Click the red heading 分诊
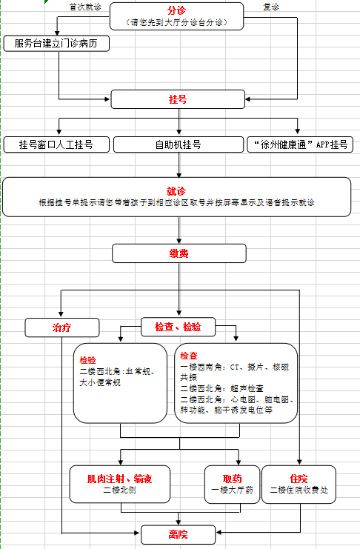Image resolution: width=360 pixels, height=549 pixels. pos(176,10)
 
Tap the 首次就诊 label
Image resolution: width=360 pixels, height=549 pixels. pos(85,7)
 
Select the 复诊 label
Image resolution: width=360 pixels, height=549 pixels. pos(271,7)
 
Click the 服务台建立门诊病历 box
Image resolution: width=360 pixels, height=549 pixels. pos(56,44)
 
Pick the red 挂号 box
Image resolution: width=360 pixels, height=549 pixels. pos(178,99)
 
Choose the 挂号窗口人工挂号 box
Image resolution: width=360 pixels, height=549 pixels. pos(56,144)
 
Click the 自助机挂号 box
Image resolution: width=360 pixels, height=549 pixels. pos(179,144)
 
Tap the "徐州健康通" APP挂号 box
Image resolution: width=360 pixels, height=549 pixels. pos(300,144)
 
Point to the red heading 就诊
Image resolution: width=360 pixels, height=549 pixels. pos(176,191)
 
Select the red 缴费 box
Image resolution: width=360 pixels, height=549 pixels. pos(179,253)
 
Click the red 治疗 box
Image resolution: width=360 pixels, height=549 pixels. pos(62,327)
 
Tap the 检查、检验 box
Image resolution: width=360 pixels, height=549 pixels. pos(178,327)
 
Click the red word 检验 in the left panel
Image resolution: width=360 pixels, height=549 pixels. pos(87,360)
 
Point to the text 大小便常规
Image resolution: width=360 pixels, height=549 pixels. pos(100,382)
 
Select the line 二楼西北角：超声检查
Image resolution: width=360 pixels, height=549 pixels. pos(221,388)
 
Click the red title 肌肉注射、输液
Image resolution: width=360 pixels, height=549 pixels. pos(119,479)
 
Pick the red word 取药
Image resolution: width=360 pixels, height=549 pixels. pos(232,479)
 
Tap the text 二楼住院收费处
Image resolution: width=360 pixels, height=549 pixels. pos(299,490)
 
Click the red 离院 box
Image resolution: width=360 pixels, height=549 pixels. pos(178,534)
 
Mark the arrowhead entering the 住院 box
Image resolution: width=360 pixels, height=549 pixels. pos(299,462)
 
